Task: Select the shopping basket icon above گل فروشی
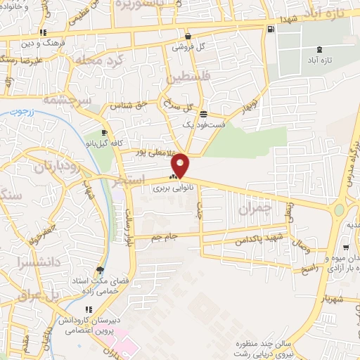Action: [x=188, y=36]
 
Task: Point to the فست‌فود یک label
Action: [x=203, y=124]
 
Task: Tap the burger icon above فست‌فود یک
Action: [x=203, y=114]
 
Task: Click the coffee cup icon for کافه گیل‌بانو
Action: [x=104, y=133]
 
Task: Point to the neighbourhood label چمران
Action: [x=254, y=210]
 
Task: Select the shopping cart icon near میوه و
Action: [x=345, y=248]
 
